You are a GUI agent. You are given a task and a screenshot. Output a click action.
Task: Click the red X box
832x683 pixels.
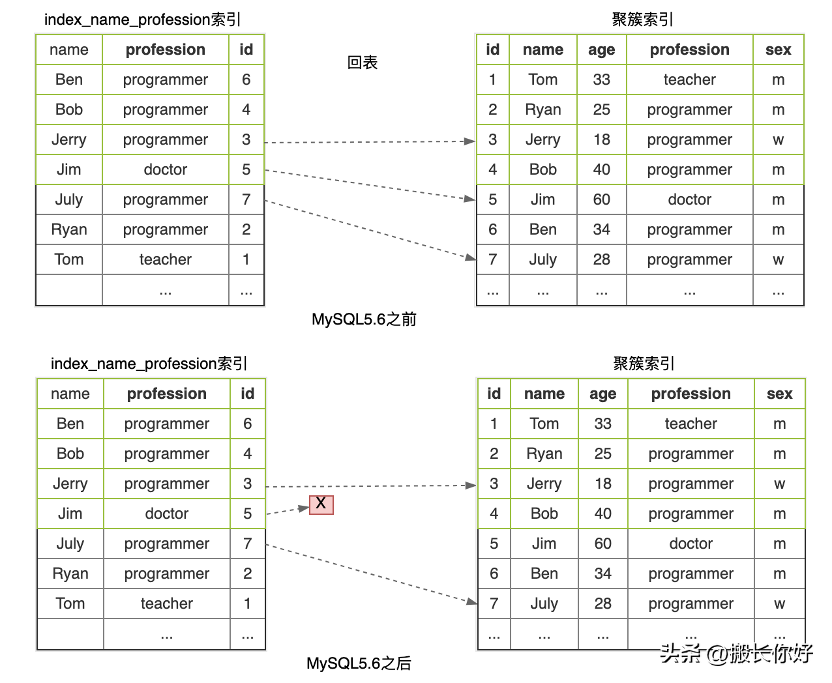(x=321, y=504)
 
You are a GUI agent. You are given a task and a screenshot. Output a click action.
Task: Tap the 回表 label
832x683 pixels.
(x=363, y=63)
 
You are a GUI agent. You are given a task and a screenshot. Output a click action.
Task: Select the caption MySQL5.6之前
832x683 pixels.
(x=364, y=319)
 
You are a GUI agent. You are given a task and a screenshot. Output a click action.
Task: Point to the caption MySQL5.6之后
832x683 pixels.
(x=359, y=663)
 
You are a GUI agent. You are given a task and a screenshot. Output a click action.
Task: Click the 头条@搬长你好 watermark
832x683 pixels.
(x=737, y=653)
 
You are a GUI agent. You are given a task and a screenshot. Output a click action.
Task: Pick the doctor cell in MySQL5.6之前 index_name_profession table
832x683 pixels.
(x=166, y=169)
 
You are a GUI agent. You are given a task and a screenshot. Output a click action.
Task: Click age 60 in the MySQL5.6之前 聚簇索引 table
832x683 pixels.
(x=601, y=199)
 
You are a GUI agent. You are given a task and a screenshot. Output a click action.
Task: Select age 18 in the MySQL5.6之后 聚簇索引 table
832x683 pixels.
(x=602, y=484)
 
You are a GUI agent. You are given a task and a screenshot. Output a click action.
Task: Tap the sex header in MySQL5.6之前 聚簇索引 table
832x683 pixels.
(x=778, y=50)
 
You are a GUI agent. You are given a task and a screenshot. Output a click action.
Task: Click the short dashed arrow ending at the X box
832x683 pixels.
(x=287, y=510)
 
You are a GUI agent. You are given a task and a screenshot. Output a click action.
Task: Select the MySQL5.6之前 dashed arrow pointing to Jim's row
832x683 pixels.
(x=369, y=184)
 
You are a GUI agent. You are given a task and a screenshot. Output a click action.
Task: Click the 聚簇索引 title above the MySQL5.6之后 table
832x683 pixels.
(x=644, y=364)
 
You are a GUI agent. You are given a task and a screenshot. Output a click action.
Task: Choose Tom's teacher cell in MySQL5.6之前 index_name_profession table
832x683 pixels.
(x=166, y=259)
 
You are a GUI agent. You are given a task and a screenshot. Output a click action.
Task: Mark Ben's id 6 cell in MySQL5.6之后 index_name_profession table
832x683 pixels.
(x=247, y=424)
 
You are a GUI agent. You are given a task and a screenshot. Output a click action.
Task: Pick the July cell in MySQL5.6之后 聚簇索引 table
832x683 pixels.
(x=544, y=603)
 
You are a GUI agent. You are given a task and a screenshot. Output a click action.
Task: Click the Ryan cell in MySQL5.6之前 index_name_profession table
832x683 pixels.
(x=69, y=229)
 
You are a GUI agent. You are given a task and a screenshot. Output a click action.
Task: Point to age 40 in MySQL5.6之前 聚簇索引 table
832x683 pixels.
(x=601, y=169)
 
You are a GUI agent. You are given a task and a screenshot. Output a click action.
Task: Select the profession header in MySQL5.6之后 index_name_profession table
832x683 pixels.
(x=167, y=394)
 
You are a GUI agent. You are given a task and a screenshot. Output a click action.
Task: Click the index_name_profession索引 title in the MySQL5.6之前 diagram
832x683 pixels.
(x=142, y=20)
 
